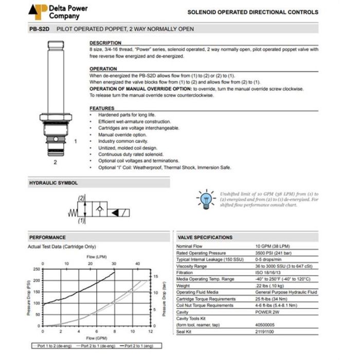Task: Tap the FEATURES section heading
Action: (102, 109)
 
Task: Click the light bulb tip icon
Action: (206, 199)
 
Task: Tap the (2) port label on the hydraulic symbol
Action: (81, 198)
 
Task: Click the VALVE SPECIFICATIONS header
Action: (205, 238)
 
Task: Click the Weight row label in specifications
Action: (184, 285)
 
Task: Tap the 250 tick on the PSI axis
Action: (35, 269)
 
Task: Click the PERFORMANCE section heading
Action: (47, 238)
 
